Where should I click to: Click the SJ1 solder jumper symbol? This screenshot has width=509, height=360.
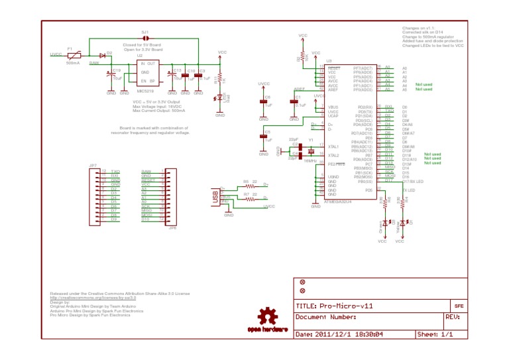click(145, 38)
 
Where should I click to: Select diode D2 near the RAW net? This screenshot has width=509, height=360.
click(103, 55)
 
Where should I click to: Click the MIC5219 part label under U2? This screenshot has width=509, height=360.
click(145, 91)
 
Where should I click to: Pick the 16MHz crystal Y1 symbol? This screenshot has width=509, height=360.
click(310, 150)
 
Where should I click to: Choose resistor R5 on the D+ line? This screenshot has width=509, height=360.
click(250, 186)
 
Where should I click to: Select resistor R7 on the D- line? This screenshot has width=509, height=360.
click(250, 198)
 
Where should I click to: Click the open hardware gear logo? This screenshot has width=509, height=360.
click(267, 319)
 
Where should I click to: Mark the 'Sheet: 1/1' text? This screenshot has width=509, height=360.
click(434, 334)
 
